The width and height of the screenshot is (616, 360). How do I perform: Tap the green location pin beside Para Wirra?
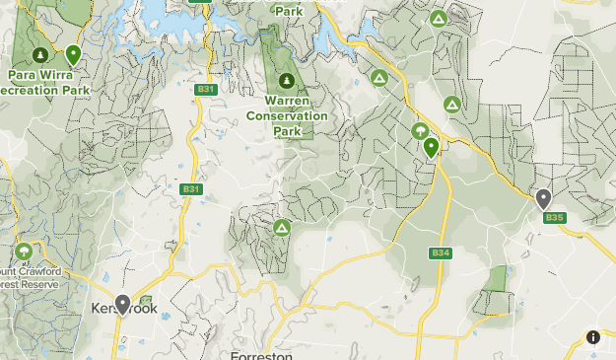(x=73, y=55)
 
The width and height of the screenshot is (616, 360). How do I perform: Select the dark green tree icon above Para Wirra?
(x=40, y=54)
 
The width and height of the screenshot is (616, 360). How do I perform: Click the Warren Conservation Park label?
(x=296, y=114)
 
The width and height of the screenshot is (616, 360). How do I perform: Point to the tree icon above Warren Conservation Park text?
(x=286, y=81)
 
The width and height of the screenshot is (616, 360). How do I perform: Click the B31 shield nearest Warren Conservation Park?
(x=205, y=90)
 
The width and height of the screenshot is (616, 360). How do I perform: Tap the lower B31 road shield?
(x=191, y=189)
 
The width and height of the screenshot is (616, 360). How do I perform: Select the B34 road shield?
(x=441, y=253)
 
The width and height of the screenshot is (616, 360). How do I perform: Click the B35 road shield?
(x=554, y=218)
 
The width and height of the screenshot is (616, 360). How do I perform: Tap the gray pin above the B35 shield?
(x=543, y=198)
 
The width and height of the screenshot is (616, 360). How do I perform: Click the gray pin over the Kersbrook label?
(x=122, y=304)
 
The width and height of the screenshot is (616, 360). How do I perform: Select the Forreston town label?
(x=261, y=354)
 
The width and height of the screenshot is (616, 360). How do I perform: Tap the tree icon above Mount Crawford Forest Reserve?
(x=24, y=252)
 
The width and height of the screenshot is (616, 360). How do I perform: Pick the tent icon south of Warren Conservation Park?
(x=282, y=228)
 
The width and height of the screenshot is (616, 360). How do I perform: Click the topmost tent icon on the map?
(x=438, y=19)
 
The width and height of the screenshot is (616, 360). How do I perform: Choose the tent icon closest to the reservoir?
(x=378, y=77)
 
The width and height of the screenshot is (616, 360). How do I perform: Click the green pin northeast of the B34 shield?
(x=431, y=148)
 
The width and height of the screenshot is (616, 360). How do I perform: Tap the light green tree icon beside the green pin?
(x=420, y=131)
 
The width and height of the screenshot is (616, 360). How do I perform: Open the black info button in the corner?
(x=593, y=337)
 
